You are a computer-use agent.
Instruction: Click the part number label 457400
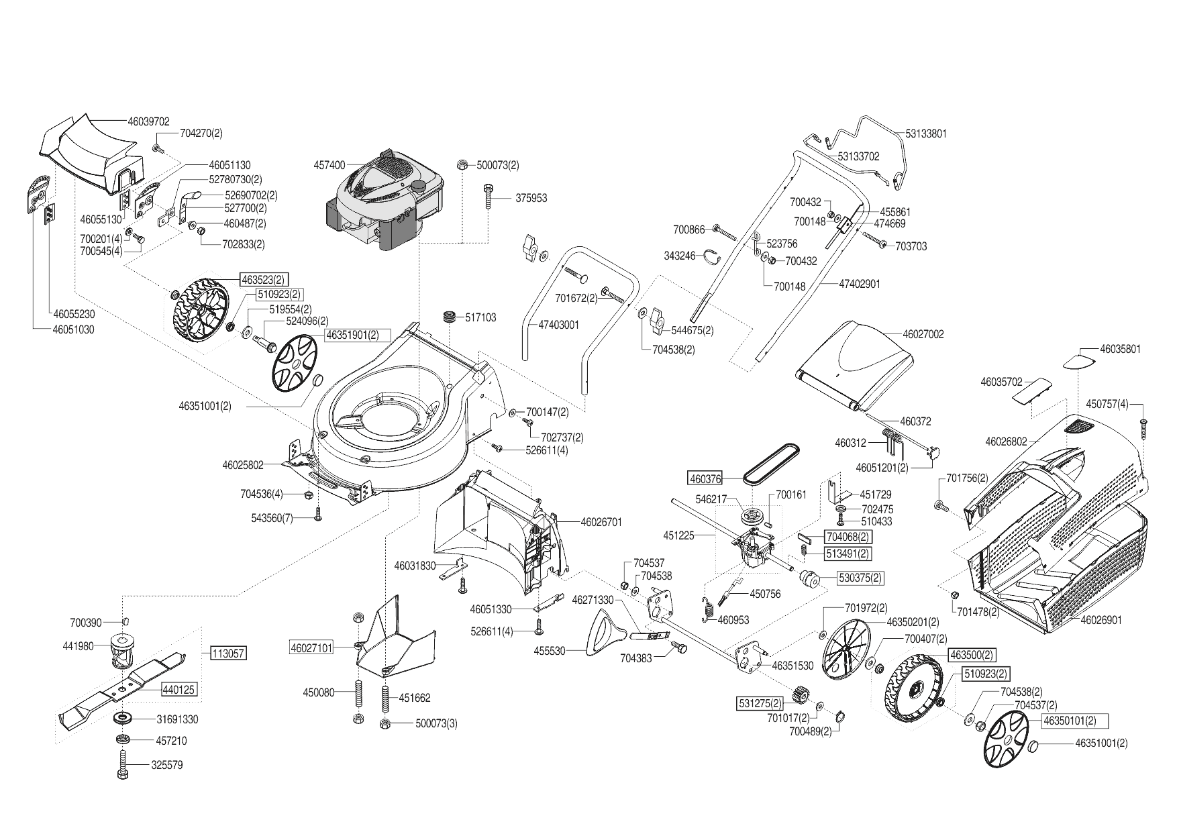click(x=329, y=165)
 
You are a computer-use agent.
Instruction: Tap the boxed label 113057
click(x=228, y=653)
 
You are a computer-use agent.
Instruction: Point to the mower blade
click(x=124, y=688)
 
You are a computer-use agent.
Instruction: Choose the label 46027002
click(x=923, y=334)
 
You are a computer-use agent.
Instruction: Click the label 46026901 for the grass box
click(x=1101, y=621)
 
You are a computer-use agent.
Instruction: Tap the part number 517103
click(x=480, y=317)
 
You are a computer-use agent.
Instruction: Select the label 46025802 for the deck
click(x=243, y=464)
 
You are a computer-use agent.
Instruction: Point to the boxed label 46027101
click(x=311, y=649)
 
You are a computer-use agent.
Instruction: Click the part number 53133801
click(x=925, y=134)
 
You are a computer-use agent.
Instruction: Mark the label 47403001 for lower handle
click(x=558, y=325)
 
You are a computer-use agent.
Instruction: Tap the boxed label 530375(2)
click(x=860, y=578)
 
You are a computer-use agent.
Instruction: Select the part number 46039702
click(x=148, y=122)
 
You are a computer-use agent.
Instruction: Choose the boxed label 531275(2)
click(x=760, y=704)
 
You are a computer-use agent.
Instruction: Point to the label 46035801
click(x=1120, y=350)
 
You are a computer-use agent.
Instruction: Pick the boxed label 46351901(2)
click(x=352, y=334)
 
